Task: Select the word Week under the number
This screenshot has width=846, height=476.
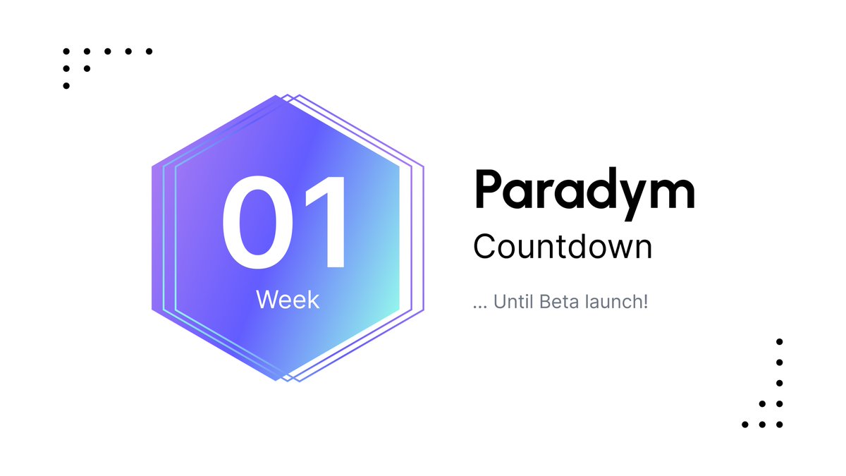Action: point(288,300)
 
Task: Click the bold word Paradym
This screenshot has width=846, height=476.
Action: point(584,190)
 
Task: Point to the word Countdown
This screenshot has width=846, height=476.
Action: point(563,246)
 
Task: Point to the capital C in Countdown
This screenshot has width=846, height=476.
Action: point(486,246)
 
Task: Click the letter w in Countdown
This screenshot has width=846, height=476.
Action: point(613,248)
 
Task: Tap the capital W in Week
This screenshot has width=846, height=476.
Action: point(267,300)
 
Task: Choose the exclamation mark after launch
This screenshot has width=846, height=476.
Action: point(644,303)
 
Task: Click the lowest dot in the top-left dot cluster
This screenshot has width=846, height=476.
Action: point(66,86)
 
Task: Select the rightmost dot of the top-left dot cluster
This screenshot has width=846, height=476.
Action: point(149,51)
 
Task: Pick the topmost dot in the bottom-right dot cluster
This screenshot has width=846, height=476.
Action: point(779,342)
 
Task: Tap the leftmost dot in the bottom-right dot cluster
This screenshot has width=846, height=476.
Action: point(745,425)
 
